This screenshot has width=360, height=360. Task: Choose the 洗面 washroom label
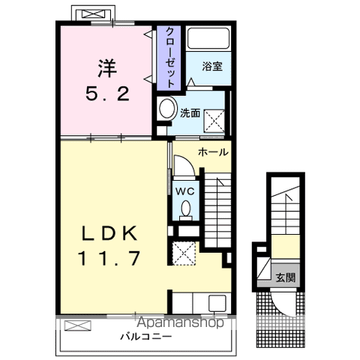188,114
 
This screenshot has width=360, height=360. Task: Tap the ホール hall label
213,152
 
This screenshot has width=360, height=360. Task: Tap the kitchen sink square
217,303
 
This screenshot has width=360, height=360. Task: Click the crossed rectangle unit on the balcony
77,326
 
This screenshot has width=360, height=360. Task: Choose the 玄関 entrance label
285,277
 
